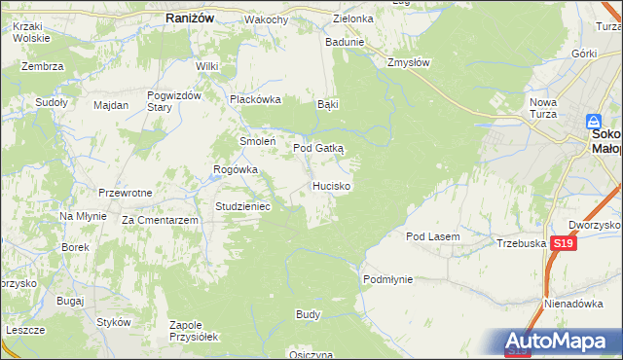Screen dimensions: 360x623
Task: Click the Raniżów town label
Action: (184, 18)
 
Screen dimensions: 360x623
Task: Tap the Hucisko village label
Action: (332, 185)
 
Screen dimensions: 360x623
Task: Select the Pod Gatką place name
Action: (318, 147)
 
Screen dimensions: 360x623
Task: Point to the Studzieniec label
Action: (249, 206)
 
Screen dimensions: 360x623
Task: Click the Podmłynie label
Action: (388, 279)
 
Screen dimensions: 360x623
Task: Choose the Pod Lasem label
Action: (432, 236)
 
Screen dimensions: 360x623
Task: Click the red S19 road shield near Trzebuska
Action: (562, 244)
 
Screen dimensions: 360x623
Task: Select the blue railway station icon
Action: (594, 122)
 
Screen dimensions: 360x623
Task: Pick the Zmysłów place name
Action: (408, 61)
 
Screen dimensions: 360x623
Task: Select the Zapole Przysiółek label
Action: (193, 330)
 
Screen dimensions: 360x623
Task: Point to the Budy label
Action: (308, 314)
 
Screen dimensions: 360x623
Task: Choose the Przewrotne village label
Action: (126, 193)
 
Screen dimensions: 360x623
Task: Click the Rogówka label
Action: (236, 169)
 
